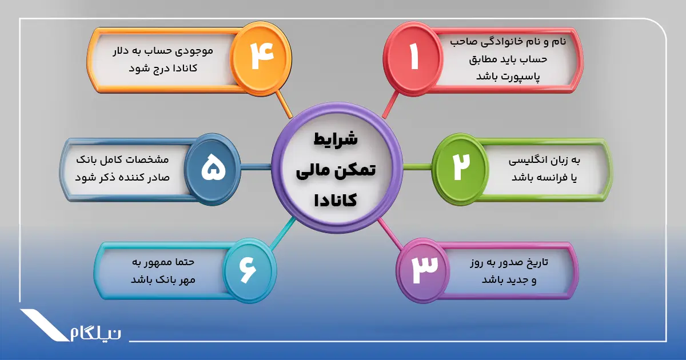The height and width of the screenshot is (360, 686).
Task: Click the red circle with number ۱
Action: coord(413,57)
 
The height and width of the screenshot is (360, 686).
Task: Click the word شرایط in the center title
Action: coord(336,139)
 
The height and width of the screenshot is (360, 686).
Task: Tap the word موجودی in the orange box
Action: coord(192,51)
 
